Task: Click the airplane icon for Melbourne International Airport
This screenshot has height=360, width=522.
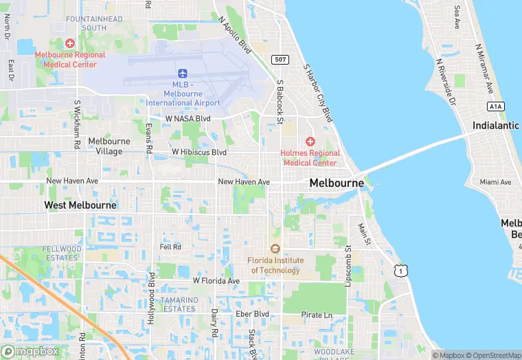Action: [183, 74]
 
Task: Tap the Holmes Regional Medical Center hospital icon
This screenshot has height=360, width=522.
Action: [310, 141]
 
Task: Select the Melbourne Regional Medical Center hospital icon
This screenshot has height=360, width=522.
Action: [69, 43]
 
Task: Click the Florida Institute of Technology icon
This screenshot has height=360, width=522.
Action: [275, 249]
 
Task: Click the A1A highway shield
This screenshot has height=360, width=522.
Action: [495, 106]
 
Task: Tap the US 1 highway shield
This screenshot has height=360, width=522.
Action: [400, 271]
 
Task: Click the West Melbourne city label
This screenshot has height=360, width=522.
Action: [80, 205]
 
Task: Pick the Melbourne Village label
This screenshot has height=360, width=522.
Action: [109, 146]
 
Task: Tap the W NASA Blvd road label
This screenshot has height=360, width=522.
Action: [188, 118]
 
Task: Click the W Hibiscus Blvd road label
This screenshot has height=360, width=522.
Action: [199, 152]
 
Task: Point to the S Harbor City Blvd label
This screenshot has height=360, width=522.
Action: [318, 93]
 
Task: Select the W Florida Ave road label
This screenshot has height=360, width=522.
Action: [216, 281]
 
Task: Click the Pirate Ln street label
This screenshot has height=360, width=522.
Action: [317, 315]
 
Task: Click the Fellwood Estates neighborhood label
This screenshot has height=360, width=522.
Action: [62, 254]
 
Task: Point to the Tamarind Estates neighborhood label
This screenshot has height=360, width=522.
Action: [179, 304]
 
